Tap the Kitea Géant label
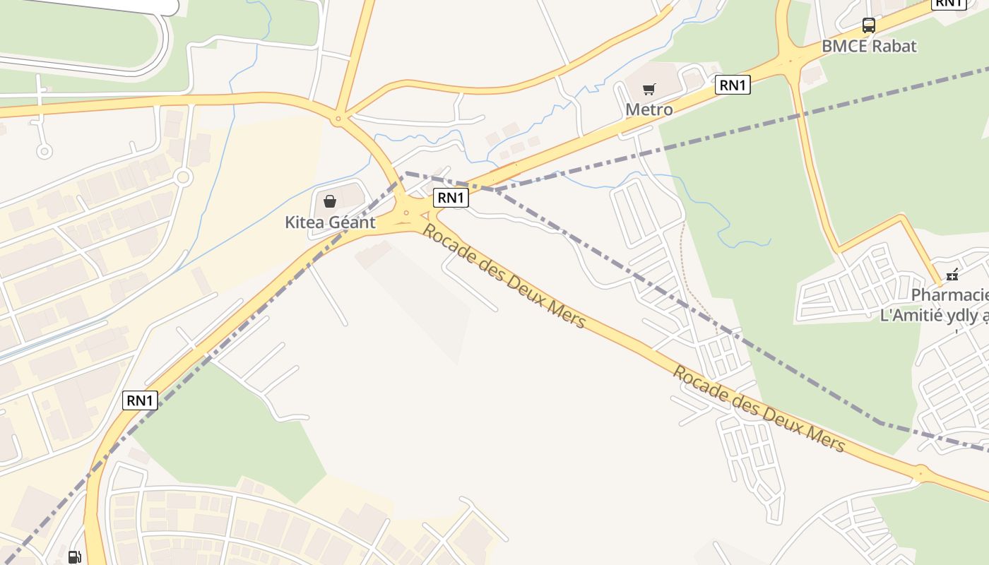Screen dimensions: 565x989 pyautogui.click(x=330, y=222)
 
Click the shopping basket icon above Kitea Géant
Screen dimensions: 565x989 pyautogui.click(x=330, y=201)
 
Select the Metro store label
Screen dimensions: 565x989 pyautogui.click(x=649, y=109)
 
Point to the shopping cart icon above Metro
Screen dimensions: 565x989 pyautogui.click(x=649, y=89)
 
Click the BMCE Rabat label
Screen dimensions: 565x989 pyautogui.click(x=869, y=46)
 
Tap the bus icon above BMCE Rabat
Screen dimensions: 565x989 pyautogui.click(x=869, y=25)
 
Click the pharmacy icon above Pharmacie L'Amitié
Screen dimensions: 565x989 pyautogui.click(x=952, y=274)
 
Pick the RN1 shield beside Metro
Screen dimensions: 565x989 pyautogui.click(x=733, y=85)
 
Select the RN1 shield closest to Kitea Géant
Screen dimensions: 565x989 pyautogui.click(x=451, y=198)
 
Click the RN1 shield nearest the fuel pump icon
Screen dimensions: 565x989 pyautogui.click(x=140, y=400)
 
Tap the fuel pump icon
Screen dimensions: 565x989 pyautogui.click(x=74, y=557)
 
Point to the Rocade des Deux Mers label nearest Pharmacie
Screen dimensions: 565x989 pyautogui.click(x=758, y=408)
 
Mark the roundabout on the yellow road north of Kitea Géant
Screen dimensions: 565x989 pyautogui.click(x=338, y=119)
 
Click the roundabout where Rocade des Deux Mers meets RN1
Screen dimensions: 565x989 pyautogui.click(x=406, y=212)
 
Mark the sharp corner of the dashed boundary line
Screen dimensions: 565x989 pyautogui.click(x=405, y=173)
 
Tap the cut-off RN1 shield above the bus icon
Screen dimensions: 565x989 pyautogui.click(x=949, y=4)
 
